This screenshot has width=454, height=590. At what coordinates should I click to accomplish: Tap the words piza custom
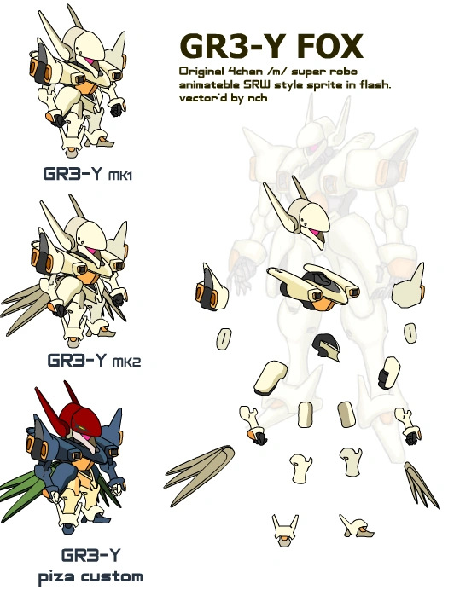(x=90, y=576)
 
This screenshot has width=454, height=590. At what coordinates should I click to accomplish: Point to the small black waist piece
(x=326, y=346)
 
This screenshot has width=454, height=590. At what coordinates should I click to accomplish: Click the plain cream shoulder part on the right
(x=410, y=286)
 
